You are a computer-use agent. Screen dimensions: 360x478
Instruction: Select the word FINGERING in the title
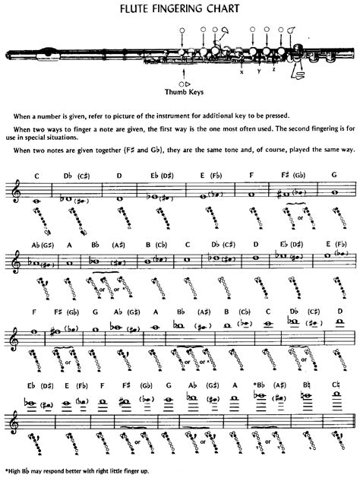[179, 10]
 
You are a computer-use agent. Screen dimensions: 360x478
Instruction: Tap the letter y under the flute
[259, 71]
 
